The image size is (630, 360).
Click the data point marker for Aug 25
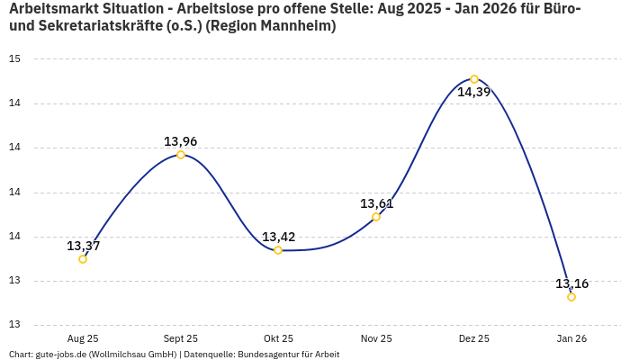point(83,259)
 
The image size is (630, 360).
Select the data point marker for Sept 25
point(181,155)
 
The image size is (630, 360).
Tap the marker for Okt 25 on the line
point(278,250)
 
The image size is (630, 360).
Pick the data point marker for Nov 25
point(376,217)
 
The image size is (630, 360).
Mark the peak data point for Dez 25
point(474,79)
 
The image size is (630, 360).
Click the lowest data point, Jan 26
point(571,297)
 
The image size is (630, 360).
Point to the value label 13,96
point(181,141)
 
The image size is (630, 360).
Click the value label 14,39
point(474,92)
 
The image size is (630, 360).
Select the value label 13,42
point(278,237)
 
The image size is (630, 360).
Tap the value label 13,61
point(376,203)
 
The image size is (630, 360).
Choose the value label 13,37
point(83,246)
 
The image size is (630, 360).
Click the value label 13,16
point(571,283)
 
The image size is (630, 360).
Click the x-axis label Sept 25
point(181,338)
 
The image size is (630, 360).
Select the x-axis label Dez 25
point(474,338)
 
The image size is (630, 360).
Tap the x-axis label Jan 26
point(571,338)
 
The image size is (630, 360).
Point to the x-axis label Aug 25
point(83,338)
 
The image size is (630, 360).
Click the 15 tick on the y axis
point(14,59)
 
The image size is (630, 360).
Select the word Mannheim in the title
point(298,27)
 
